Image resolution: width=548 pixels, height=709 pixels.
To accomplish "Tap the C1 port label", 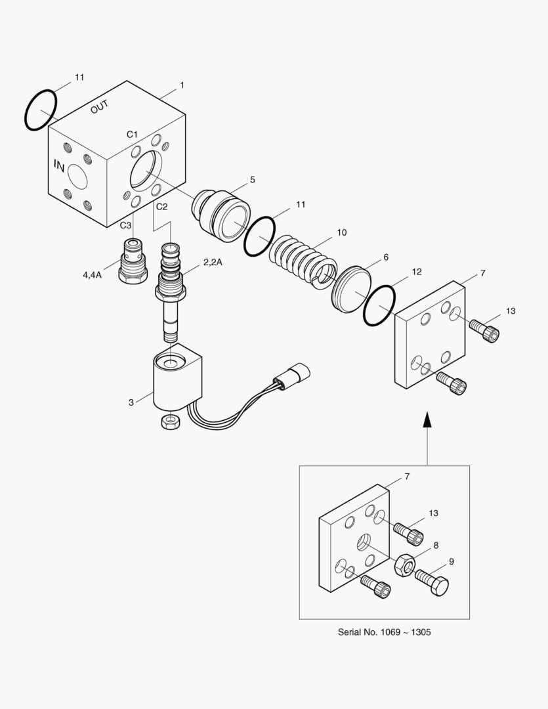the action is (133, 134).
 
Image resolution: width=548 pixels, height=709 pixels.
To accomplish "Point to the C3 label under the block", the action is (125, 225).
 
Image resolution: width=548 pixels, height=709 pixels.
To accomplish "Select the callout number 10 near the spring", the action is (342, 232).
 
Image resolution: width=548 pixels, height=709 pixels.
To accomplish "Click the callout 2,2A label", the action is (213, 262).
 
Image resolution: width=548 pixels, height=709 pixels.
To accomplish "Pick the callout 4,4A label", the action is (93, 274).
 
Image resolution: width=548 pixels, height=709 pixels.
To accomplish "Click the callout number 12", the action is (416, 272).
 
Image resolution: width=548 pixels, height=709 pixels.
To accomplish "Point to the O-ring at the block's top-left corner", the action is (41, 110).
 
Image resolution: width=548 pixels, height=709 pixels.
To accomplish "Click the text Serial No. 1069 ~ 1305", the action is (385, 632).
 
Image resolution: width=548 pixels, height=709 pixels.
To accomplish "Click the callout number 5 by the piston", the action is (252, 179).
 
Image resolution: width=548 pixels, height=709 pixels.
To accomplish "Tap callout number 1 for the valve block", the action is (182, 85).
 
